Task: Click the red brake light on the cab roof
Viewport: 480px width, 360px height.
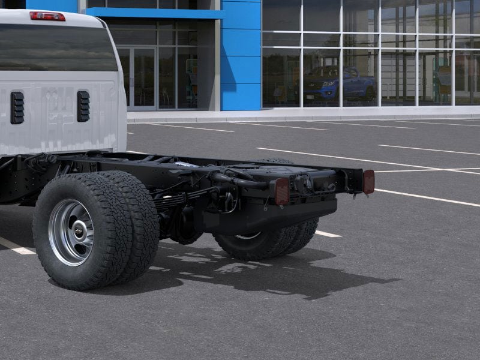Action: [x=47, y=16]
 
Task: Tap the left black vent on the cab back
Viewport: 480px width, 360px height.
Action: [x=17, y=107]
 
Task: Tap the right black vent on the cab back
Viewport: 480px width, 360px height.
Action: [x=83, y=106]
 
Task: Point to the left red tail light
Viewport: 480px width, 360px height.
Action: [x=281, y=191]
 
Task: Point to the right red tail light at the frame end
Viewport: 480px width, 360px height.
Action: [x=368, y=181]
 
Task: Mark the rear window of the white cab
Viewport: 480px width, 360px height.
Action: [x=57, y=48]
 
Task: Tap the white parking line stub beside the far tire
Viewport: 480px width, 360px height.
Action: [x=328, y=233]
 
